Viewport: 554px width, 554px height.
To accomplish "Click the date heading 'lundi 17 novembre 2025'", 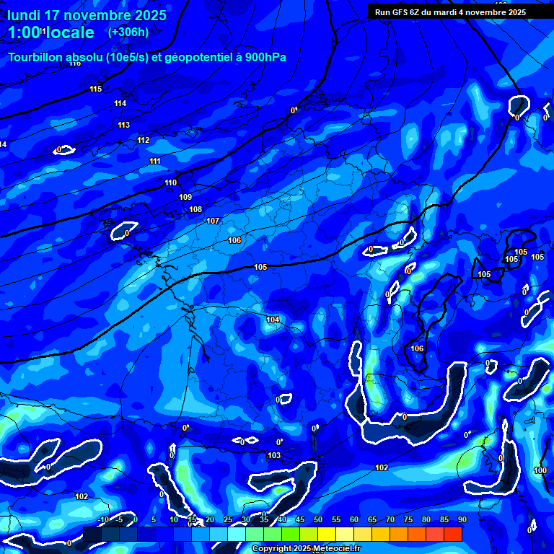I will (87, 15).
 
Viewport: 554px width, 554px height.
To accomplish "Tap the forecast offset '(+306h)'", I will (128, 32).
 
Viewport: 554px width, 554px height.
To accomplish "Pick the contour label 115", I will (96, 89).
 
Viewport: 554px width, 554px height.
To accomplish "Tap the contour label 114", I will (120, 103).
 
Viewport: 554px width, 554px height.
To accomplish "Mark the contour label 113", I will (124, 125).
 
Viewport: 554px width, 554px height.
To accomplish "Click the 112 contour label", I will (144, 140).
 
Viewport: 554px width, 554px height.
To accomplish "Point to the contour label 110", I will (170, 183).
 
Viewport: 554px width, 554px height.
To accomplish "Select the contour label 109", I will (185, 197).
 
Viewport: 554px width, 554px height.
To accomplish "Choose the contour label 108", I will (195, 209).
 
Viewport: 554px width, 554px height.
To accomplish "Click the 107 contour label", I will (213, 221).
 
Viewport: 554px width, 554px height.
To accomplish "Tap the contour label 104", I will (273, 320).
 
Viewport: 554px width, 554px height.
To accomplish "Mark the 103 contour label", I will (274, 455).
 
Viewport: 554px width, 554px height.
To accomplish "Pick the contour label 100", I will (540, 470).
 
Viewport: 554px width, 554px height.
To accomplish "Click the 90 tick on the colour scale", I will (462, 519).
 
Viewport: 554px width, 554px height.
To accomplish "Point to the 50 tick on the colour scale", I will (318, 519).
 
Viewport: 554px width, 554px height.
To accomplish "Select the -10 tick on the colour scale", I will (103, 519).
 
